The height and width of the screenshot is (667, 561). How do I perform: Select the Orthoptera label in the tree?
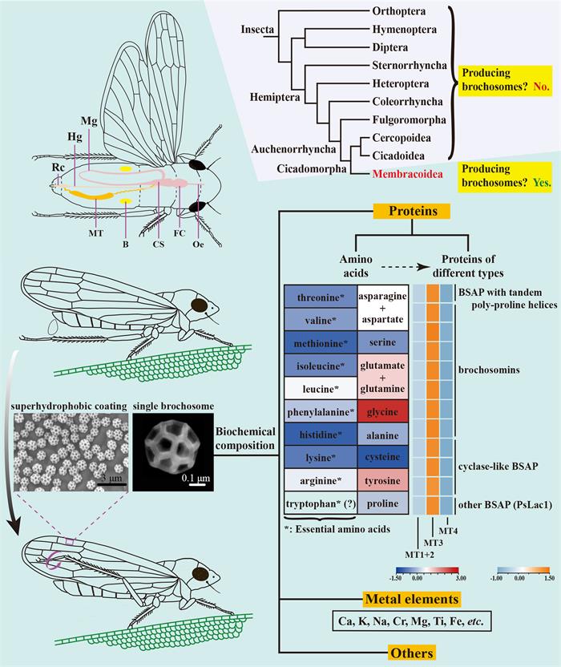coord(406,11)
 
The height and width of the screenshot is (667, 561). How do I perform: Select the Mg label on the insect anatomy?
coord(89,121)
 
